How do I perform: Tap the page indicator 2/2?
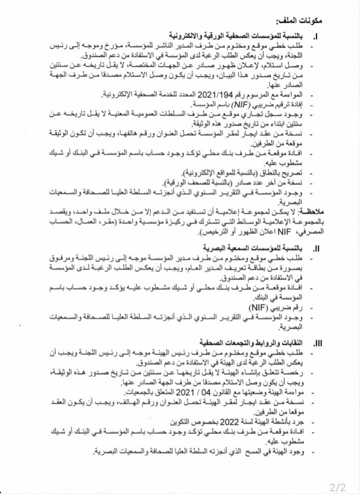(338, 486)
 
